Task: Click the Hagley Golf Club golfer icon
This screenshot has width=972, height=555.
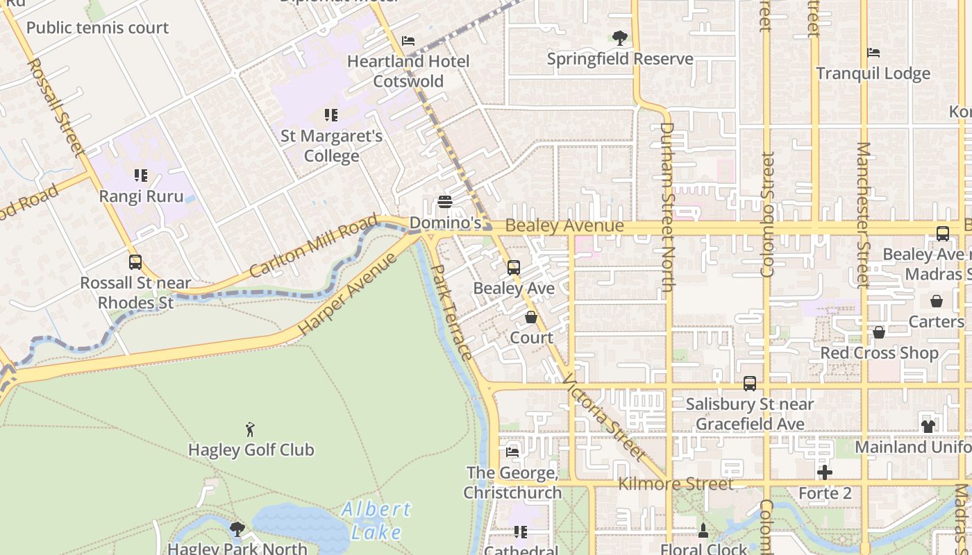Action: tap(250, 429)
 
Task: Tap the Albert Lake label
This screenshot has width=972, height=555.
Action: tap(376, 520)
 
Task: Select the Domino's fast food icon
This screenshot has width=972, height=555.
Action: tap(445, 202)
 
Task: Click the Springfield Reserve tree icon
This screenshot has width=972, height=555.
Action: tap(620, 37)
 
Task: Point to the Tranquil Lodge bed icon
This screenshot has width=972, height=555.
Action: tap(873, 53)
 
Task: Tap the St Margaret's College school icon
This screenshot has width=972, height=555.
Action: tap(331, 114)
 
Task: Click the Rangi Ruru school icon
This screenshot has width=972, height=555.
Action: tap(141, 175)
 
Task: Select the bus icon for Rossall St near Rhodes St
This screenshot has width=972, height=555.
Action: tap(135, 262)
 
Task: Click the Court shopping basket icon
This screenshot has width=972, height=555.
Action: tap(531, 317)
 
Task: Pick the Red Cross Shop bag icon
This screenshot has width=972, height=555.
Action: tap(879, 332)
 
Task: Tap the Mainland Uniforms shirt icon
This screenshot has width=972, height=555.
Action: tap(928, 426)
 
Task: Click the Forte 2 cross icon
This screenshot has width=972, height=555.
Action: tap(824, 472)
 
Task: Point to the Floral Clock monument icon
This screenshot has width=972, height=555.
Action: tap(703, 531)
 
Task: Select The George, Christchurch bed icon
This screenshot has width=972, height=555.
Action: tap(512, 452)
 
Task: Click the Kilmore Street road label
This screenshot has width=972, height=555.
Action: tap(675, 484)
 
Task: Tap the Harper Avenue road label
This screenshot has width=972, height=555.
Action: tap(348, 294)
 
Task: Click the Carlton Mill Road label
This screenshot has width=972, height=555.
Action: tap(313, 246)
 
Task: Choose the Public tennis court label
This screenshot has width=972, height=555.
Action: tap(97, 28)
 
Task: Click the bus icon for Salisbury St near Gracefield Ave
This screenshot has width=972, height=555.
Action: tap(750, 383)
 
